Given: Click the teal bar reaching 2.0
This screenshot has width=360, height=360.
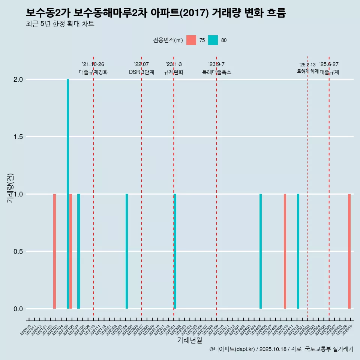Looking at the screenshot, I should [x=68, y=194].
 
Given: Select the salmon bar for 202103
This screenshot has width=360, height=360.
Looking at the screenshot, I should [x=54, y=251].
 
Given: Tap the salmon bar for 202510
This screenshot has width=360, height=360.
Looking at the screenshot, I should [x=349, y=251].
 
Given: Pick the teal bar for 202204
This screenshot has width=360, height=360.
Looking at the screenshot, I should [x=127, y=251].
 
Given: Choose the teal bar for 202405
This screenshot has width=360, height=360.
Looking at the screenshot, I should [x=261, y=251].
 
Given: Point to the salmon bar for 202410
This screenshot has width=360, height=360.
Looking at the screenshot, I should [x=285, y=251].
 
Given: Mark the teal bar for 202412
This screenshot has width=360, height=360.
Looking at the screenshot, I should [x=298, y=251].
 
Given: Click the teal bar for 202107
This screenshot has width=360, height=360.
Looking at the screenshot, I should [x=78, y=251].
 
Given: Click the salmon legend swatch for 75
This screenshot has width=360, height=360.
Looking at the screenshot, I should [x=191, y=40].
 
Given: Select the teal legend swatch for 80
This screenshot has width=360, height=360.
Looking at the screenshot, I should [x=213, y=40].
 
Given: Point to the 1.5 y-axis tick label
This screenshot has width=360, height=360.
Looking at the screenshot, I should [x=18, y=137].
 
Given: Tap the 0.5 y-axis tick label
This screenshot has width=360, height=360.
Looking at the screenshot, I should [x=18, y=252].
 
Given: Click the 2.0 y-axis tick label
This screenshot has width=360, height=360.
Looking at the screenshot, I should [x=18, y=79].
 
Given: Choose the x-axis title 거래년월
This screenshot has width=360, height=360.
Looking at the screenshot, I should [x=190, y=340].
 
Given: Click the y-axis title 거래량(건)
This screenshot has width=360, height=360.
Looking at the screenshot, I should [x=10, y=188].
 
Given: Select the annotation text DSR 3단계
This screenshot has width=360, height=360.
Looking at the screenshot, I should [x=141, y=72].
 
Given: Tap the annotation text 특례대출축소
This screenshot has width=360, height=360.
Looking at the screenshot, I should [x=216, y=72].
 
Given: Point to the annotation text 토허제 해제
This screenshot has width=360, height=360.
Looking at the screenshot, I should [x=307, y=71].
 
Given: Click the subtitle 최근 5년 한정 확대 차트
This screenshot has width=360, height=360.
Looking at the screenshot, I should [x=60, y=24].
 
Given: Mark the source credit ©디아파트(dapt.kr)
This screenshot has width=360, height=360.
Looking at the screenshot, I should [x=232, y=349].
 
